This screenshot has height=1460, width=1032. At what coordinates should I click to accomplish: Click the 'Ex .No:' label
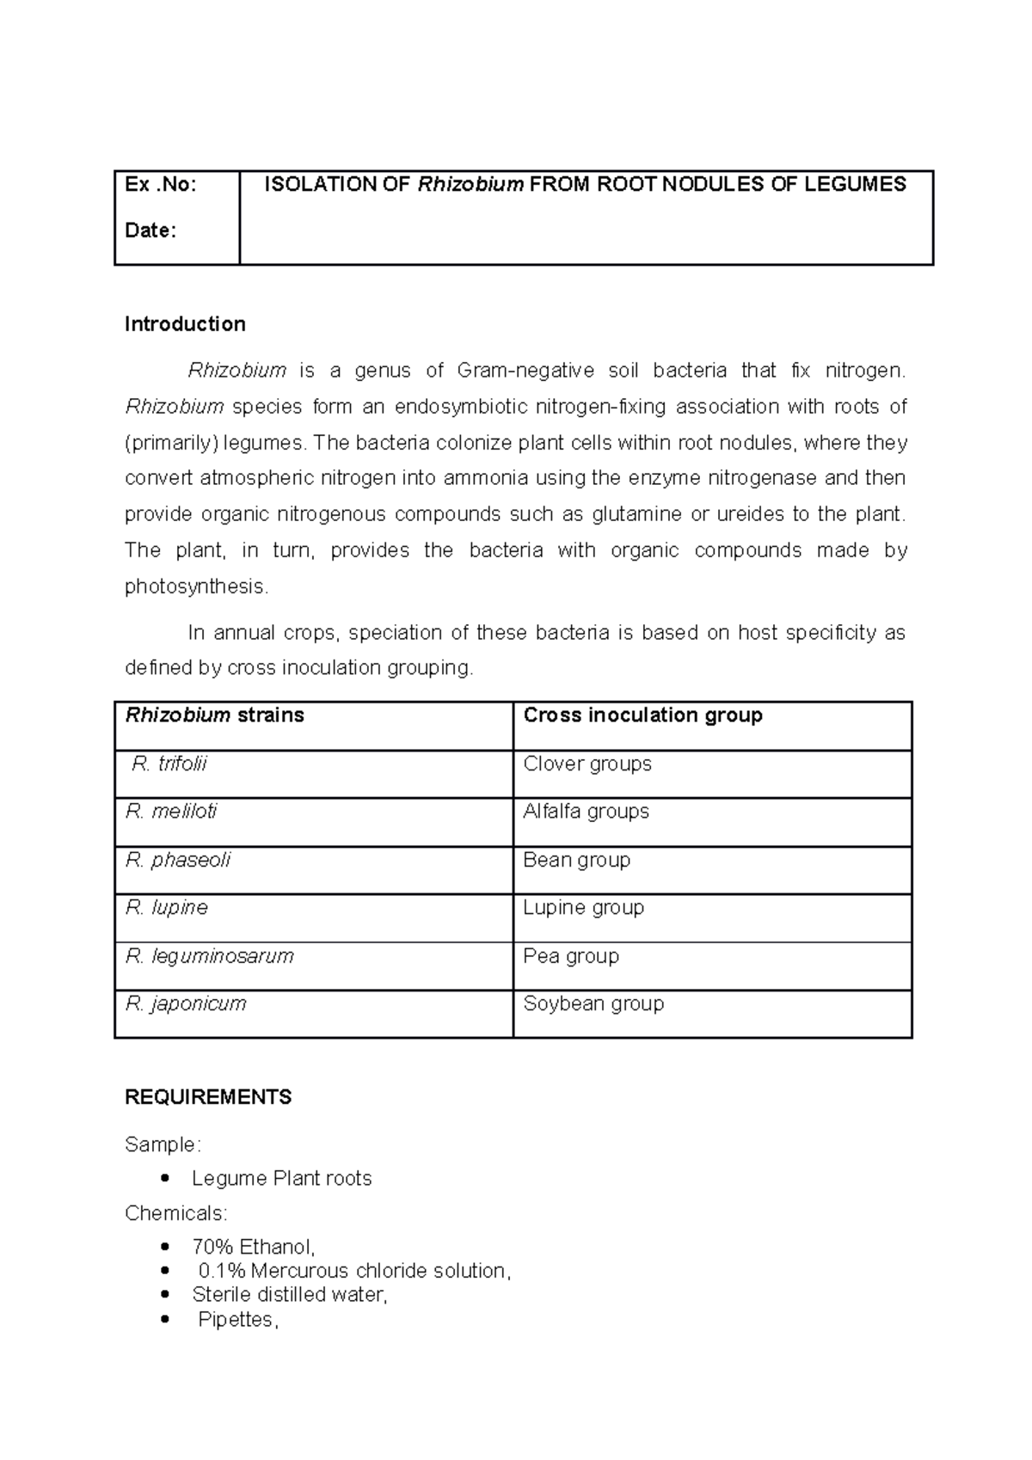pyautogui.click(x=160, y=184)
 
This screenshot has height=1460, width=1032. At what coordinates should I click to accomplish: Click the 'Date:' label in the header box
pyautogui.click(x=150, y=230)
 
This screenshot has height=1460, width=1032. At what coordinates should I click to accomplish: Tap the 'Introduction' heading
pyautogui.click(x=185, y=324)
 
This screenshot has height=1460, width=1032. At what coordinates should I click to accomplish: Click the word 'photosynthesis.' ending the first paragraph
pyautogui.click(x=197, y=586)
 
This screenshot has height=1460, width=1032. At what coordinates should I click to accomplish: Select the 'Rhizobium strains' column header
pyautogui.click(x=215, y=715)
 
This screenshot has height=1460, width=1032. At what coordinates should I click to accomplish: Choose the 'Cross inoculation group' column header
pyautogui.click(x=642, y=715)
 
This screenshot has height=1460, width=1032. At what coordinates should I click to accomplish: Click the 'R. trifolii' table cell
pyautogui.click(x=169, y=764)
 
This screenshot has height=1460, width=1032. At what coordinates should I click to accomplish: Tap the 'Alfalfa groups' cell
pyautogui.click(x=586, y=811)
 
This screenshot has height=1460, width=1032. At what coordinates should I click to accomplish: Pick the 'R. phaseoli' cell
pyautogui.click(x=178, y=860)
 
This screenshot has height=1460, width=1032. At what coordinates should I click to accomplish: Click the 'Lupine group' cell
pyautogui.click(x=583, y=907)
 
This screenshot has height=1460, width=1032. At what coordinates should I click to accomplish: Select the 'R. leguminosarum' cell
pyautogui.click(x=209, y=955)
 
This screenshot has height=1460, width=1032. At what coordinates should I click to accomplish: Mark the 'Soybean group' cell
pyautogui.click(x=593, y=1003)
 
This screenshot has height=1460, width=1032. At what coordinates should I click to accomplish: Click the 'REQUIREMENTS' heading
pyautogui.click(x=208, y=1097)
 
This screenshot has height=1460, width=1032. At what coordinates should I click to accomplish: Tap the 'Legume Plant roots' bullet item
pyautogui.click(x=281, y=1178)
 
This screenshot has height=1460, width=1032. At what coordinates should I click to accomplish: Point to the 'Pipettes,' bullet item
pyautogui.click(x=238, y=1320)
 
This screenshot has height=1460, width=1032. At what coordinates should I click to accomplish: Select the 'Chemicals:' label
pyautogui.click(x=176, y=1213)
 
